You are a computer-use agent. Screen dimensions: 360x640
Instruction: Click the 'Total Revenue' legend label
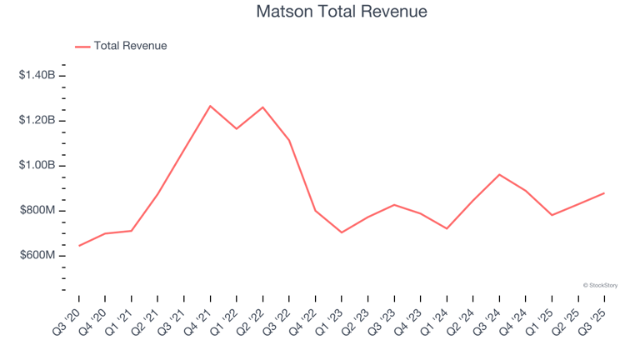(130, 46)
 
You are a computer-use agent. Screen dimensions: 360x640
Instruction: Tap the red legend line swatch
(82, 47)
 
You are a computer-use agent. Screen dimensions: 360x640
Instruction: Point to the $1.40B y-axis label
(37, 75)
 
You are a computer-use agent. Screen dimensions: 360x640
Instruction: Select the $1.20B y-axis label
(37, 120)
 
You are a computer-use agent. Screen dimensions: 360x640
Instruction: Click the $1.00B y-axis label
(37, 165)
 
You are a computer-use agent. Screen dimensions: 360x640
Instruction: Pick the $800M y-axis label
(38, 210)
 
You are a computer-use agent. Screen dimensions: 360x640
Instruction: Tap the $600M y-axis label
(38, 255)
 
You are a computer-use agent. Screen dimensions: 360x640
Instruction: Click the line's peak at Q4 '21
(210, 106)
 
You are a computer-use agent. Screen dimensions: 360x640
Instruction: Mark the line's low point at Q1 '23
(342, 232)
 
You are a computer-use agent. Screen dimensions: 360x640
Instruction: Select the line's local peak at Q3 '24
(499, 174)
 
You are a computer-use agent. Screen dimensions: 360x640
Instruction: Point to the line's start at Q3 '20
(79, 246)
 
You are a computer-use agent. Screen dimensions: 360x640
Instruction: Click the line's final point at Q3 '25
(604, 193)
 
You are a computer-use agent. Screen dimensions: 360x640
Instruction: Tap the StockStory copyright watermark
(600, 285)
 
